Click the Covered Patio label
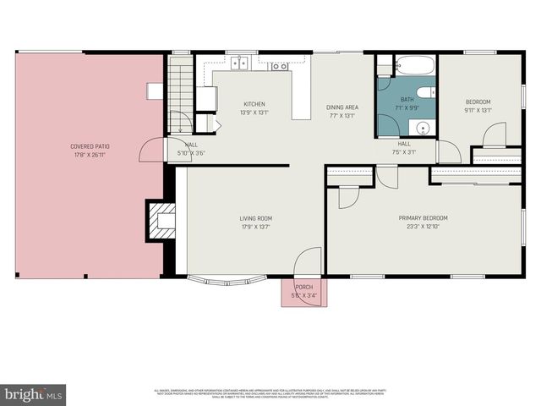90,146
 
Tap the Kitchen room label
254,104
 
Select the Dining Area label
342,107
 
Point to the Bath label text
407,100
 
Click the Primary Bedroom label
424,217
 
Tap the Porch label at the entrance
304,287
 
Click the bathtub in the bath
414,65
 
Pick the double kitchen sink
241,63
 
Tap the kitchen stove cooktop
279,65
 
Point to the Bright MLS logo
34,394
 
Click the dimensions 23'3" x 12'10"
424,226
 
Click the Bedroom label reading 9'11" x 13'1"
478,106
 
